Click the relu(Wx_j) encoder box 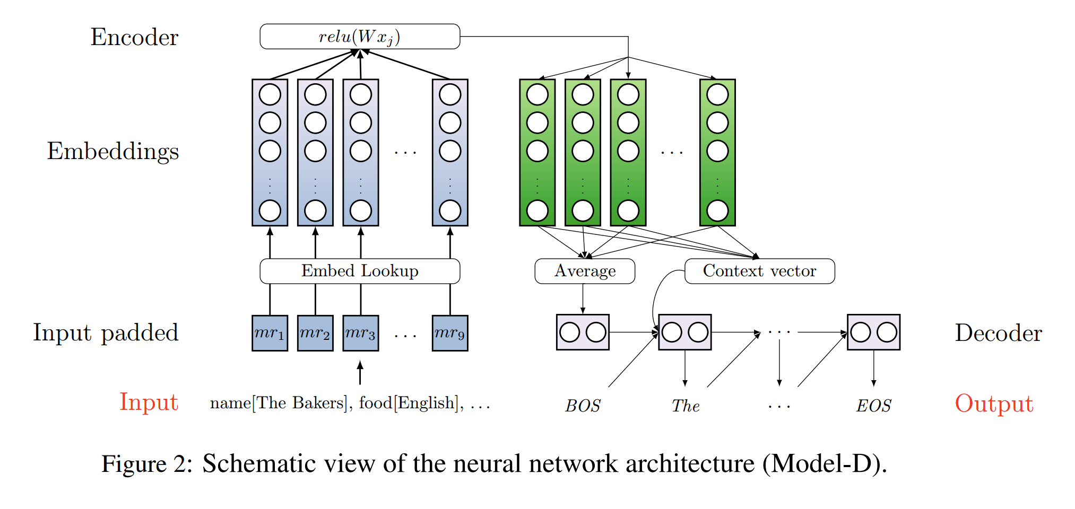click(360, 37)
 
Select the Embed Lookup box click(360, 271)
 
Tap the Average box click(585, 271)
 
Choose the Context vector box click(759, 271)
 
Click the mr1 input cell click(270, 333)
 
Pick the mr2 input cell click(315, 333)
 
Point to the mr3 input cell click(361, 333)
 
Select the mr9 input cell click(450, 333)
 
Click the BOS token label click(583, 406)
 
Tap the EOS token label click(873, 406)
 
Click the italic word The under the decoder click(686, 406)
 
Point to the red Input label click(149, 402)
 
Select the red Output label click(994, 403)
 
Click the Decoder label click(998, 333)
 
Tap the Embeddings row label click(112, 151)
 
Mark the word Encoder click(134, 37)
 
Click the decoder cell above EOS click(873, 332)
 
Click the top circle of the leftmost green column click(537, 95)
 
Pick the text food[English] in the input click(408, 403)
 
